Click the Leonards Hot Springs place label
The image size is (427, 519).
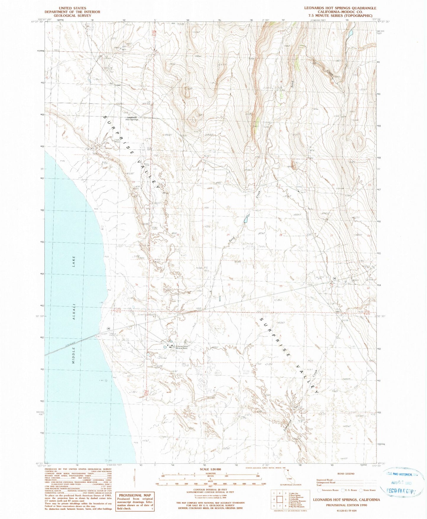coord(132,118)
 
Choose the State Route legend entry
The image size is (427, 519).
coord(368,490)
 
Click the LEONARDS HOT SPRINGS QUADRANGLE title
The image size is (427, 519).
coord(340,8)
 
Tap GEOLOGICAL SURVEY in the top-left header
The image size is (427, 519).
coord(72,16)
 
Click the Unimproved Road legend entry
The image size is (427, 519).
coord(327,483)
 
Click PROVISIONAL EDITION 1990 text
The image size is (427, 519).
coord(346,505)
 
